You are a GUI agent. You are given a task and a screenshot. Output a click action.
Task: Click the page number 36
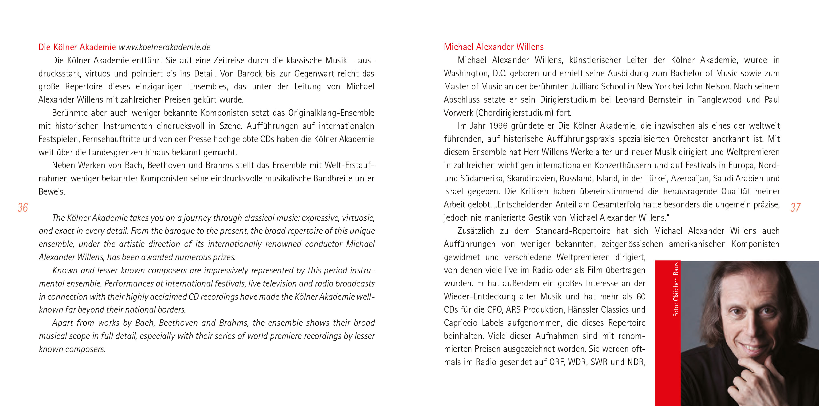pyautogui.click(x=23, y=208)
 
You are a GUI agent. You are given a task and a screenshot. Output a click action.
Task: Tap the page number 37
pyautogui.click(x=796, y=208)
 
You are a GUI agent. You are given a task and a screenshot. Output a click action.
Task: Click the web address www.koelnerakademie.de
pyautogui.click(x=165, y=47)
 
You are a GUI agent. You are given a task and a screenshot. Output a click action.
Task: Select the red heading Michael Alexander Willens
pyautogui.click(x=493, y=47)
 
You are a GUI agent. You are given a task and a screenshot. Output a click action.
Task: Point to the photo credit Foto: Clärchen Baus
pyautogui.click(x=676, y=289)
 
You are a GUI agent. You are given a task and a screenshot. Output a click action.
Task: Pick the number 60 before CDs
pyautogui.click(x=641, y=297)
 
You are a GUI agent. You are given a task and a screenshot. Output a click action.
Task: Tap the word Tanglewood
pyautogui.click(x=720, y=100)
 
